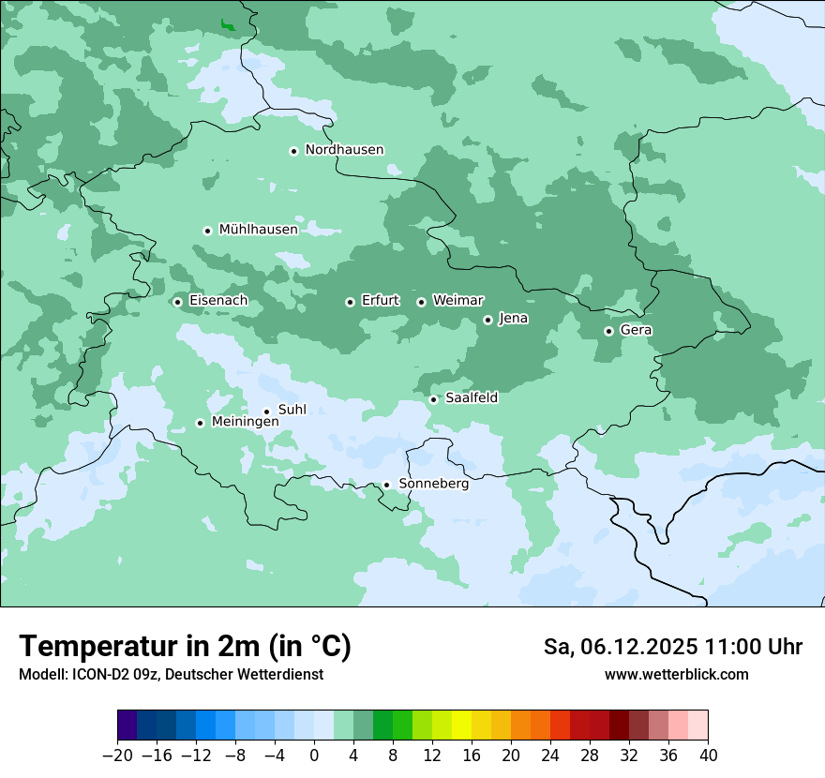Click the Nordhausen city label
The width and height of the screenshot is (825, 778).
[x=344, y=150]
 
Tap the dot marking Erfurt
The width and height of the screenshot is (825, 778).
[x=350, y=302]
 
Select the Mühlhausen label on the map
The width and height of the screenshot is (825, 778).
[x=258, y=230]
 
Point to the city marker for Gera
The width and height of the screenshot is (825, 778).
[x=608, y=331]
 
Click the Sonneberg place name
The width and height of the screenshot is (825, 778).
[x=433, y=485]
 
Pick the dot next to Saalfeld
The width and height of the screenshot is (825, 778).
[x=433, y=399]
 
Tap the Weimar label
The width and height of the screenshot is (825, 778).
[x=457, y=301]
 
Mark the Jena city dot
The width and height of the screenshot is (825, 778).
[x=487, y=320]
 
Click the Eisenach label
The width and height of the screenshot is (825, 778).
[x=218, y=301]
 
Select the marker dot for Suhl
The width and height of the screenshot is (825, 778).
[x=266, y=411]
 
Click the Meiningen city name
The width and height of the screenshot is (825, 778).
[x=245, y=423]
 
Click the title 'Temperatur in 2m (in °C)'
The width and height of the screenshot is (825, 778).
[x=185, y=646]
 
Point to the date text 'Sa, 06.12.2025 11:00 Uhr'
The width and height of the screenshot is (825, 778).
[x=672, y=647]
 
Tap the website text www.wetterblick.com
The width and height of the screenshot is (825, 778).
[x=676, y=674]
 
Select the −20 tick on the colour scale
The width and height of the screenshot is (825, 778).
[x=117, y=756]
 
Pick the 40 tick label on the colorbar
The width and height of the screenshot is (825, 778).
[x=708, y=756]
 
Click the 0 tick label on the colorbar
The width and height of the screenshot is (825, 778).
[x=314, y=756]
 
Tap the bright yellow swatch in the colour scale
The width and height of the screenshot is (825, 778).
[x=461, y=726]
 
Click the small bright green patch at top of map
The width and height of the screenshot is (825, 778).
[x=227, y=25]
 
